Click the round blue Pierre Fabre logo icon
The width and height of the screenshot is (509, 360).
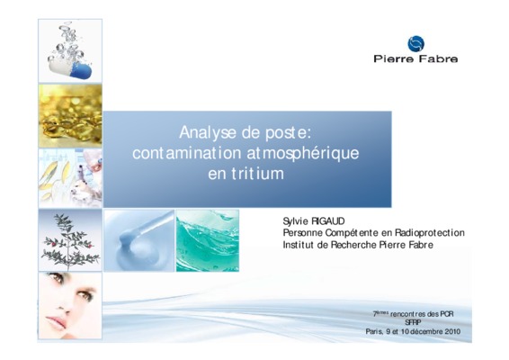pyautogui.click(x=415, y=44)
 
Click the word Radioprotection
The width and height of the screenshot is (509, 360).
pyautogui.click(x=430, y=232)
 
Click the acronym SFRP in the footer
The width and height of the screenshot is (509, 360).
pyautogui.click(x=413, y=322)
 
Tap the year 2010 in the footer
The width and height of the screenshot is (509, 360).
pyautogui.click(x=452, y=331)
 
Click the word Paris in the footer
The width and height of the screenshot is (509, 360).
pyautogui.click(x=372, y=331)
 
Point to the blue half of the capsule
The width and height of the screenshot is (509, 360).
pyautogui.click(x=81, y=70)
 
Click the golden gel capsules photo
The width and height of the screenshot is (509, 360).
pyautogui.click(x=70, y=116)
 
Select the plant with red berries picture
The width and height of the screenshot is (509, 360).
pyautogui.click(x=70, y=240)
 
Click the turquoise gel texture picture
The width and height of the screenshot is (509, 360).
pyautogui.click(x=208, y=240)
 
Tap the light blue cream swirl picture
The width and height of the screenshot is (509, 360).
pyautogui.click(x=139, y=240)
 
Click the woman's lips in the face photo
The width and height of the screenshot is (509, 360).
pyautogui.click(x=56, y=322)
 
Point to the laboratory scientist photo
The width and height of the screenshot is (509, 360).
pyautogui.click(x=70, y=178)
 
